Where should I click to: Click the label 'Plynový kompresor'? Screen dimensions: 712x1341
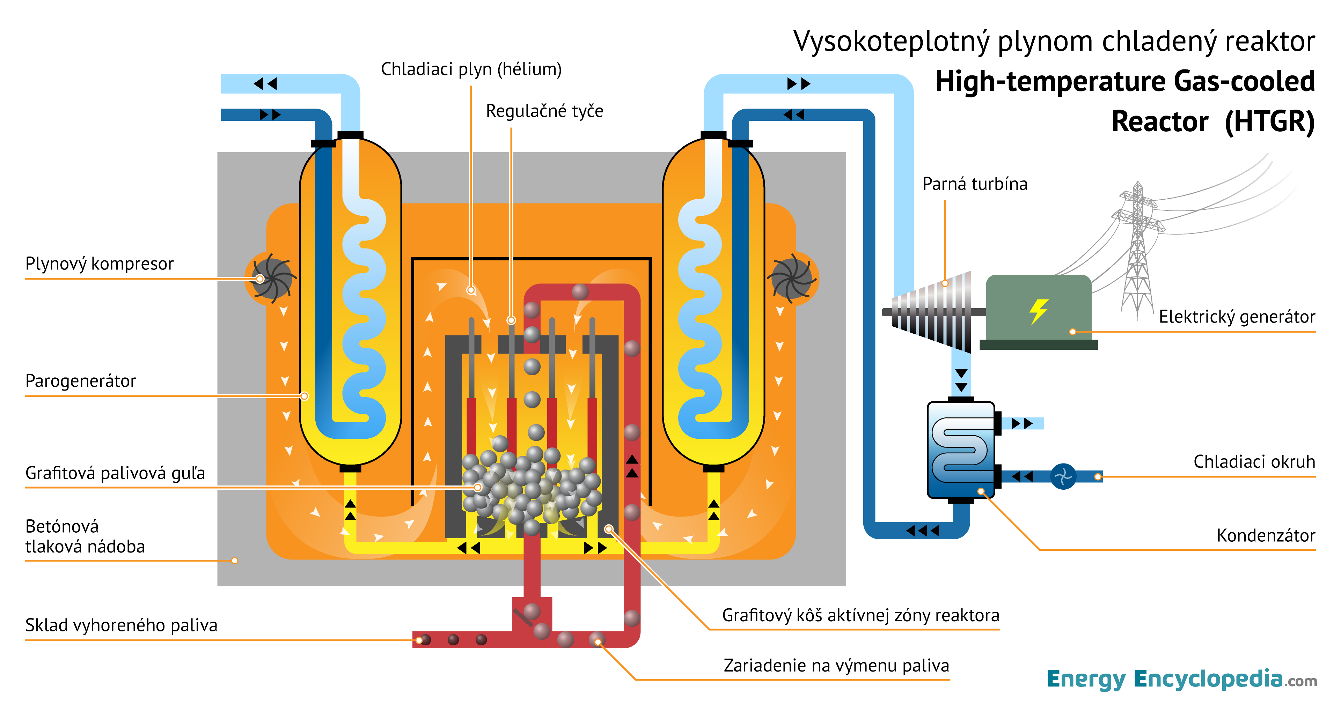tap(99, 264)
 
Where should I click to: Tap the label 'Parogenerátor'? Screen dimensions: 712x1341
tap(80, 381)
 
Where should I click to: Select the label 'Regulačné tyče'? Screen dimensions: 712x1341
tap(544, 111)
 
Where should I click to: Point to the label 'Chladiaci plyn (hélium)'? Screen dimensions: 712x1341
tap(471, 69)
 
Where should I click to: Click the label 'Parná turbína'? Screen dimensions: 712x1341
tap(975, 184)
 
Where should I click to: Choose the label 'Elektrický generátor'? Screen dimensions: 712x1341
tap(1236, 317)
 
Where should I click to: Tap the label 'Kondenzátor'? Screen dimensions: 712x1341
tap(1265, 535)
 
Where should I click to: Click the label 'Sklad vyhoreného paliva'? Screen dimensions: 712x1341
tap(121, 625)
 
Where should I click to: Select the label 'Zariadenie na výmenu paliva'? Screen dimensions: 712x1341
tap(836, 666)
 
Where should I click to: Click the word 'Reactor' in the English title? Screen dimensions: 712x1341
tap(1159, 122)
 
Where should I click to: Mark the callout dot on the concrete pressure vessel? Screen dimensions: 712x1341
tap(235, 561)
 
